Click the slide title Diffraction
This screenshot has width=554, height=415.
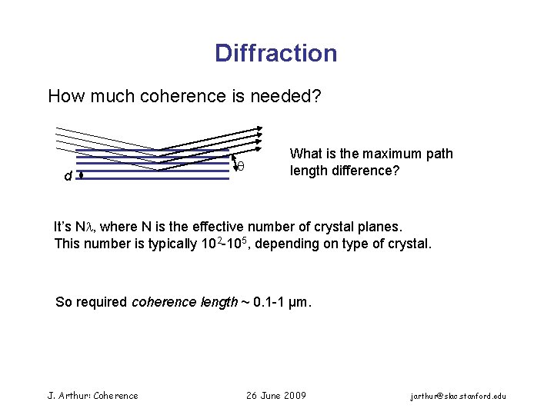pos(275,53)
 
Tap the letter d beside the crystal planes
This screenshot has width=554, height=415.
pos(68,176)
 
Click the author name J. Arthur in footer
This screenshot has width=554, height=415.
pos(65,396)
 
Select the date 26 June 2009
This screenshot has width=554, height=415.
pos(275,396)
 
